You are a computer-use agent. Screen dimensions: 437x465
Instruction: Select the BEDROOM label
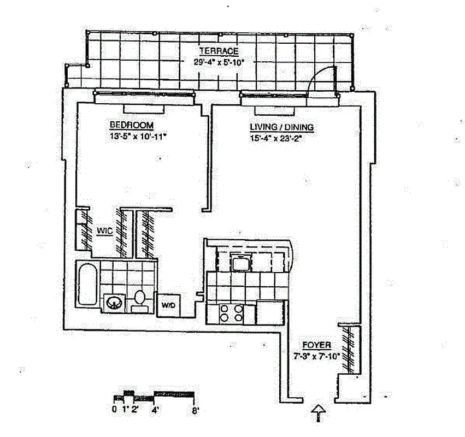coord(131,124)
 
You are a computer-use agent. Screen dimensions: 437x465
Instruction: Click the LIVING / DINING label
coord(281,127)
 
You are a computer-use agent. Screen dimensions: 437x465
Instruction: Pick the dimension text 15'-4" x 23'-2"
coord(276,138)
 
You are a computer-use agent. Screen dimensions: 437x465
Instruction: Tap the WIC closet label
coord(104,232)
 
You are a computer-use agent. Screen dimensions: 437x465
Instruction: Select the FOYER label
coord(317,345)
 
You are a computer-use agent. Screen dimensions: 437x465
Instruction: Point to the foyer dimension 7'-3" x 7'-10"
coord(317,356)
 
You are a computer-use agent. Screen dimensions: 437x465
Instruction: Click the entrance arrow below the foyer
coord(317,414)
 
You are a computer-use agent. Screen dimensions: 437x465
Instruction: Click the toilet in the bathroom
coord(139,299)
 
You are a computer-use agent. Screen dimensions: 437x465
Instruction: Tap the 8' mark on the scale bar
coord(195,409)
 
